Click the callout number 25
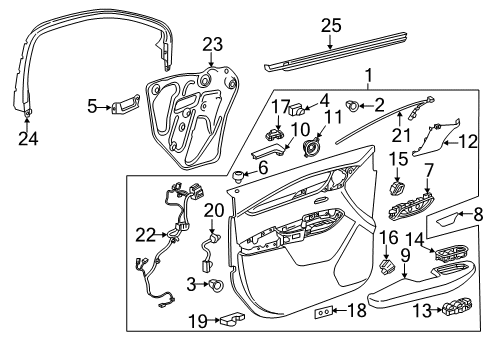tap(331, 26)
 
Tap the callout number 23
tap(213, 44)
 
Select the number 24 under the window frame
tap(28, 139)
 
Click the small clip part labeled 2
tap(353, 106)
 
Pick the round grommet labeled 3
tap(216, 285)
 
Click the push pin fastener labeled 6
tap(238, 176)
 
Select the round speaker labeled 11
tap(312, 148)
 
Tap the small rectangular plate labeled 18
tap(323, 312)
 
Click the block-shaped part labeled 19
tap(232, 318)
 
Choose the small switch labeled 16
tap(387, 266)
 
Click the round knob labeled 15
tap(397, 187)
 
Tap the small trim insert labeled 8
tap(445, 220)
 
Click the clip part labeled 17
tap(274, 134)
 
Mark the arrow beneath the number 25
tap(330, 42)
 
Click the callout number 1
tap(368, 76)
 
